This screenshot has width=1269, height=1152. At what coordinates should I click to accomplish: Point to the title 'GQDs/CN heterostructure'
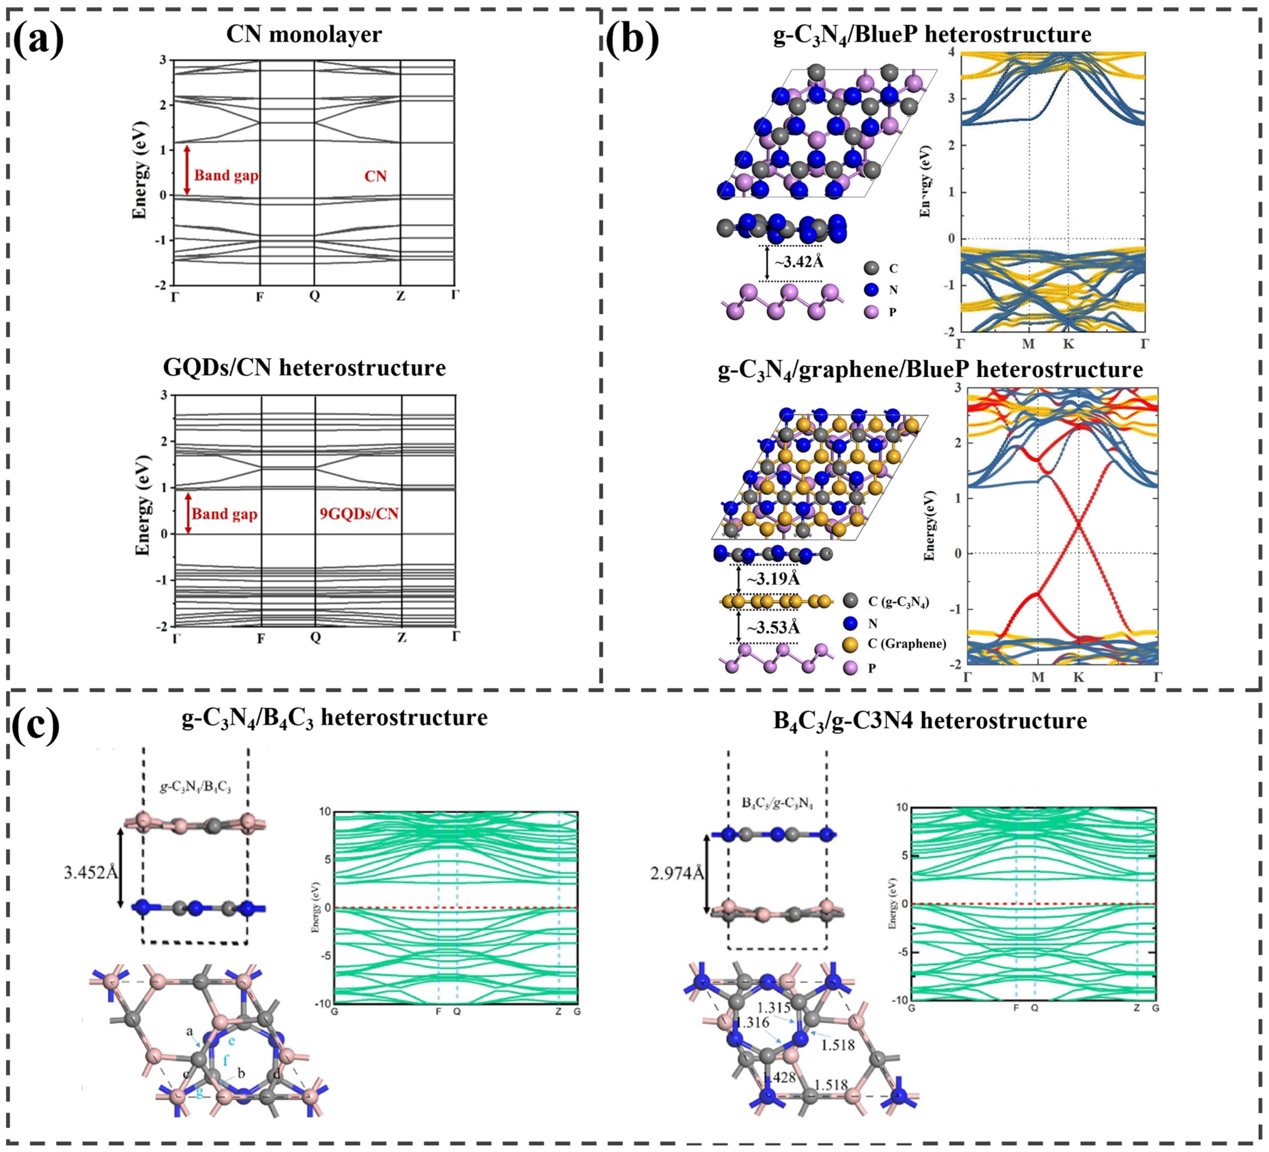click(x=304, y=367)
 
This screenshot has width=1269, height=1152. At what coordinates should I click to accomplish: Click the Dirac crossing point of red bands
click(x=1078, y=524)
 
